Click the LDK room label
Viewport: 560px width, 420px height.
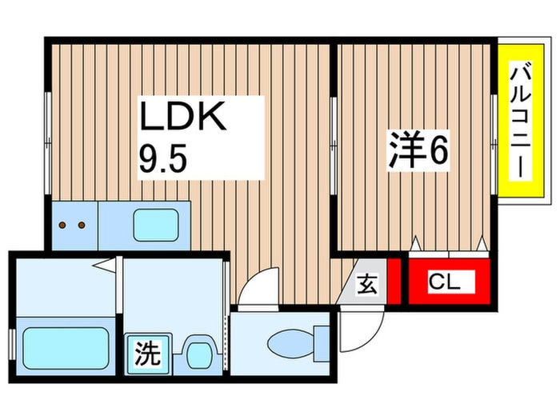[183, 116]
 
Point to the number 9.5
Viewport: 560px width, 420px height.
[163, 159]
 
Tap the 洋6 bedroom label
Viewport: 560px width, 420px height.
[418, 150]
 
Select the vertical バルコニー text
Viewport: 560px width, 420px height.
[520, 120]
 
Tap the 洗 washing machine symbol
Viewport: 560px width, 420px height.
[147, 354]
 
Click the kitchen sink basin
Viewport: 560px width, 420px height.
[156, 225]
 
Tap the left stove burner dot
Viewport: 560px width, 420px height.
[63, 225]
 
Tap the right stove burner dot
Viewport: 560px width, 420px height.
[82, 225]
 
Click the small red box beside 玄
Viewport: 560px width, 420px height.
[394, 282]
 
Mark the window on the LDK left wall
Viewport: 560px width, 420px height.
[48, 143]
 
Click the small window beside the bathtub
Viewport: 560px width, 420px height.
[12, 345]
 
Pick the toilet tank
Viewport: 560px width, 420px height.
[322, 343]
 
